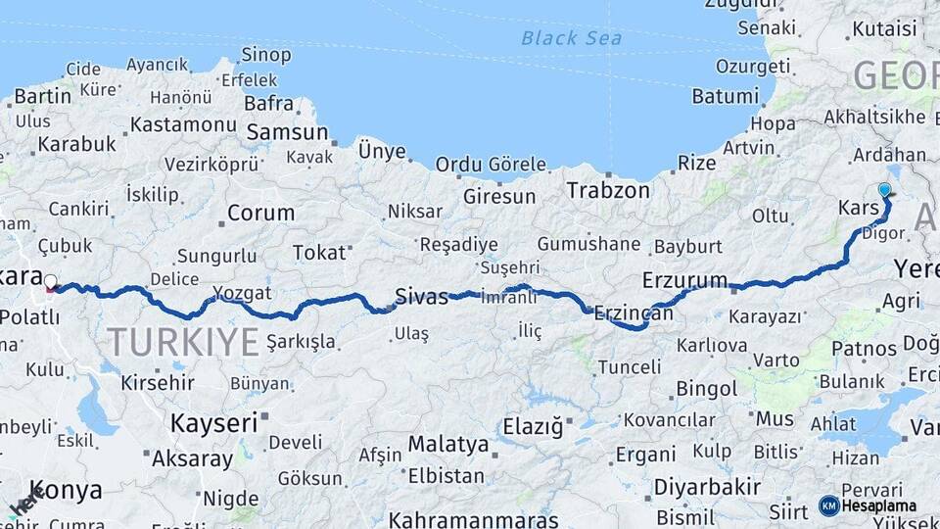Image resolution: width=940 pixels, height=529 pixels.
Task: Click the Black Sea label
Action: coord(571,38)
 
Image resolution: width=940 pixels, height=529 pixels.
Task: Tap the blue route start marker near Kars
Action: coord(885,190)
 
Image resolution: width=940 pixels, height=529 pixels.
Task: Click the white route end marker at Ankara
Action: coord(51,282)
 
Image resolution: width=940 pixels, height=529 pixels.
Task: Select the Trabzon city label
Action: coord(608,190)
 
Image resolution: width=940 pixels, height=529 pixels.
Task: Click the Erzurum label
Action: coord(685,280)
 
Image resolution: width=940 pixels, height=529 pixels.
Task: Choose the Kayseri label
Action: coord(213,422)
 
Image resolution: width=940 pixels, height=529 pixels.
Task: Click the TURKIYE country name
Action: coord(183,342)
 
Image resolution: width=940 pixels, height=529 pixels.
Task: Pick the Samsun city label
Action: coord(287,132)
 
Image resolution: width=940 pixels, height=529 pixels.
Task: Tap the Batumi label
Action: coord(726,96)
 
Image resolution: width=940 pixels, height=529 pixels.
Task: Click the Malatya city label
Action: coord(447,444)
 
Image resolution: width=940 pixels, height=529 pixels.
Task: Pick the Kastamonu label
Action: coord(184,124)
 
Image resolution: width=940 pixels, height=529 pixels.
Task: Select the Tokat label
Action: coord(319,253)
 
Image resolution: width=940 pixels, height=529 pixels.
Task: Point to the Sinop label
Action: coord(265,54)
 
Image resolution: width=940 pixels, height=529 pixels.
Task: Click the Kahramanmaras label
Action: coord(474,519)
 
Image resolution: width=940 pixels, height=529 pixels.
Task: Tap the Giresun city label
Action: coord(499,196)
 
